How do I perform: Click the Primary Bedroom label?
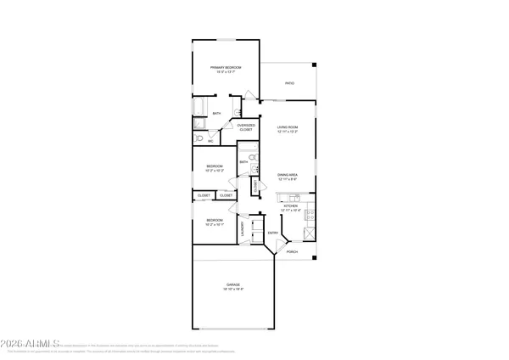[227, 67]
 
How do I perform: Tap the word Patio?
[289, 83]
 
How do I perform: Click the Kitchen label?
[290, 205]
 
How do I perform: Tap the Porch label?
[291, 252]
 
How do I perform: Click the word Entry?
[273, 233]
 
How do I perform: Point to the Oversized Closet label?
[246, 127]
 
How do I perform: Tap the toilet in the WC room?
[199, 138]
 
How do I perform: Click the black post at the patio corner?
[314, 65]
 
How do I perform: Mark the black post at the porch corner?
[314, 257]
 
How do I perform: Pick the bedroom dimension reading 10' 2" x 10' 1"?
[214, 224]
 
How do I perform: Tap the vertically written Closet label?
[255, 185]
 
